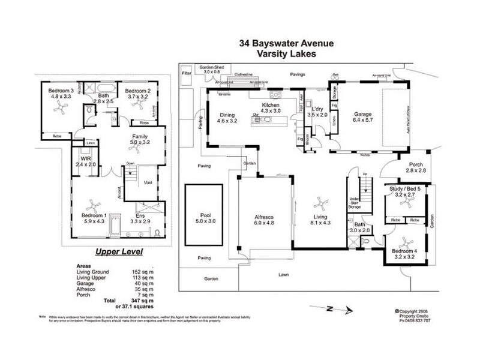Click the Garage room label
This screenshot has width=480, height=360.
(x=361, y=113)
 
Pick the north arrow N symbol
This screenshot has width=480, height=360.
(x=329, y=310)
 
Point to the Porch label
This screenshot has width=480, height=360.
(x=415, y=166)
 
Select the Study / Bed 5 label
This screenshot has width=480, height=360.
(x=408, y=190)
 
